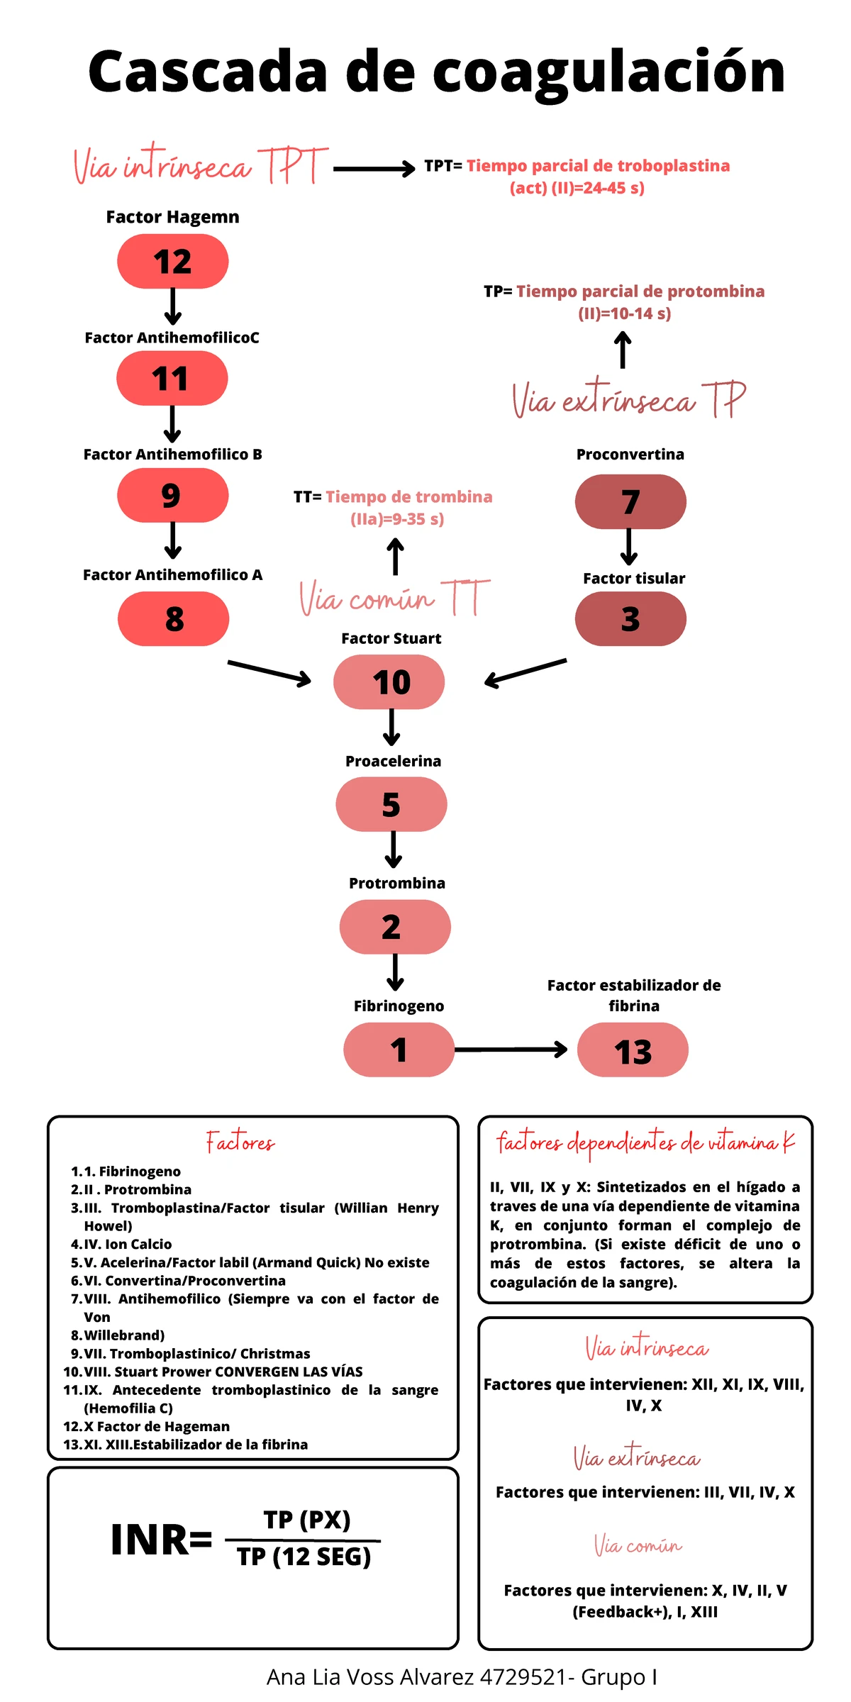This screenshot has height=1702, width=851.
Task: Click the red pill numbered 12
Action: (x=172, y=262)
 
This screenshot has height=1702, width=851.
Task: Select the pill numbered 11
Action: (x=172, y=379)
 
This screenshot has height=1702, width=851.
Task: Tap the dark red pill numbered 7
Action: (x=630, y=502)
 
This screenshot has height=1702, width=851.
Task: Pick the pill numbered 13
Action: (x=633, y=1050)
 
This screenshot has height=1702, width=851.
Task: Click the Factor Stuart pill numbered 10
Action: (x=389, y=682)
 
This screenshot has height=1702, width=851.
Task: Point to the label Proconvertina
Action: (x=630, y=455)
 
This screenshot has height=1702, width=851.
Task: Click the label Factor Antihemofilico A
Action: (x=172, y=575)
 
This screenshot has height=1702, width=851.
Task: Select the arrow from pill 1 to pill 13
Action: (x=511, y=1050)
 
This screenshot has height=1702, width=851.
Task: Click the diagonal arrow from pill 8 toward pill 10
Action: (x=269, y=673)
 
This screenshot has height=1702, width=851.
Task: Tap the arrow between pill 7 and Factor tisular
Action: (x=628, y=547)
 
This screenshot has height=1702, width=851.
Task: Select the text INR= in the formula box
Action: (x=162, y=1540)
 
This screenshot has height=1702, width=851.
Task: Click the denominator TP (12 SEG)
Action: (x=304, y=1557)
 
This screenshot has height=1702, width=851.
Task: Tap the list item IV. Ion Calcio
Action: (x=128, y=1244)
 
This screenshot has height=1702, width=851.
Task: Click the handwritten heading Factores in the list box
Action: (x=240, y=1142)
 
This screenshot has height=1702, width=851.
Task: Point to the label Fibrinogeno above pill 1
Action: (x=399, y=1006)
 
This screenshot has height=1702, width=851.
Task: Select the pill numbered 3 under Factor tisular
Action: (x=630, y=619)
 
